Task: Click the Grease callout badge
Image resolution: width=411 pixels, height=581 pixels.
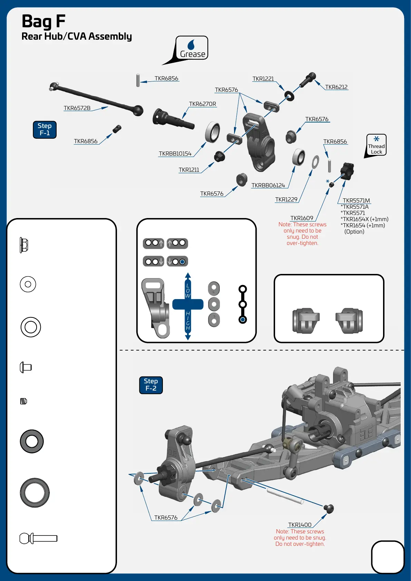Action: tap(192, 48)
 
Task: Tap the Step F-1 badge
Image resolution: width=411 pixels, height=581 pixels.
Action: tap(45, 130)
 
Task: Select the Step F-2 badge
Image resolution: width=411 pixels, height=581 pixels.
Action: tap(151, 385)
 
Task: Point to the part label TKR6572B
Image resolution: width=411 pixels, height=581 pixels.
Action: tap(77, 108)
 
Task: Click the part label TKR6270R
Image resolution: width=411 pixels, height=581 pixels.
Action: tap(203, 104)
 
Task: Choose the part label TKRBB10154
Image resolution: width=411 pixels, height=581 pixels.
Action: tap(175, 154)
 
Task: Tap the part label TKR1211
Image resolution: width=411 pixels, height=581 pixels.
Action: tap(189, 170)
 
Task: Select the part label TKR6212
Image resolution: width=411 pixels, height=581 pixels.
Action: tap(336, 87)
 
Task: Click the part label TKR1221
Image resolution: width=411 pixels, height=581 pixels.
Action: tap(263, 79)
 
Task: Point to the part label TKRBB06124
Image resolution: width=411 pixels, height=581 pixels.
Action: tap(268, 186)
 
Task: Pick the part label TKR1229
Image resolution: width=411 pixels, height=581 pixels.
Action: tap(286, 200)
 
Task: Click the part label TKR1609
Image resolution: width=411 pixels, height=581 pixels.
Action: tap(302, 218)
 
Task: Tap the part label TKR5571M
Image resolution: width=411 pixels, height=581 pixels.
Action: tap(356, 201)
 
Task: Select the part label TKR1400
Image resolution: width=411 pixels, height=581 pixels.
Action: tap(300, 525)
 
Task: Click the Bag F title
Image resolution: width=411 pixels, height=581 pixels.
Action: tap(43, 21)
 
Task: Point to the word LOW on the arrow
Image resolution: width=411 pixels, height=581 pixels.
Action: tap(188, 291)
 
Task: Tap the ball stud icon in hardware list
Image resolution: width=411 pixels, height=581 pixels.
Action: tap(38, 538)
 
